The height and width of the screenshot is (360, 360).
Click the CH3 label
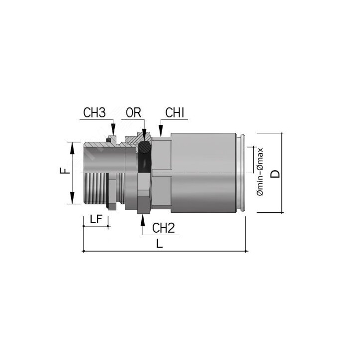coord(94,113)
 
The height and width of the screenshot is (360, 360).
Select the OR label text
coord(133,113)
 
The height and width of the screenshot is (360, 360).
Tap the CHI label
coord(175,113)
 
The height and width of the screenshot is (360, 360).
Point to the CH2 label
coord(164,228)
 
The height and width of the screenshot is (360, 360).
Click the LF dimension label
coord(96,219)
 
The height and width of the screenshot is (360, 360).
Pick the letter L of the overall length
coord(160,243)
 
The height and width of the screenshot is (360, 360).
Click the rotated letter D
coord(275,174)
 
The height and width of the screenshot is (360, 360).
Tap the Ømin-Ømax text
coord(260,172)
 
